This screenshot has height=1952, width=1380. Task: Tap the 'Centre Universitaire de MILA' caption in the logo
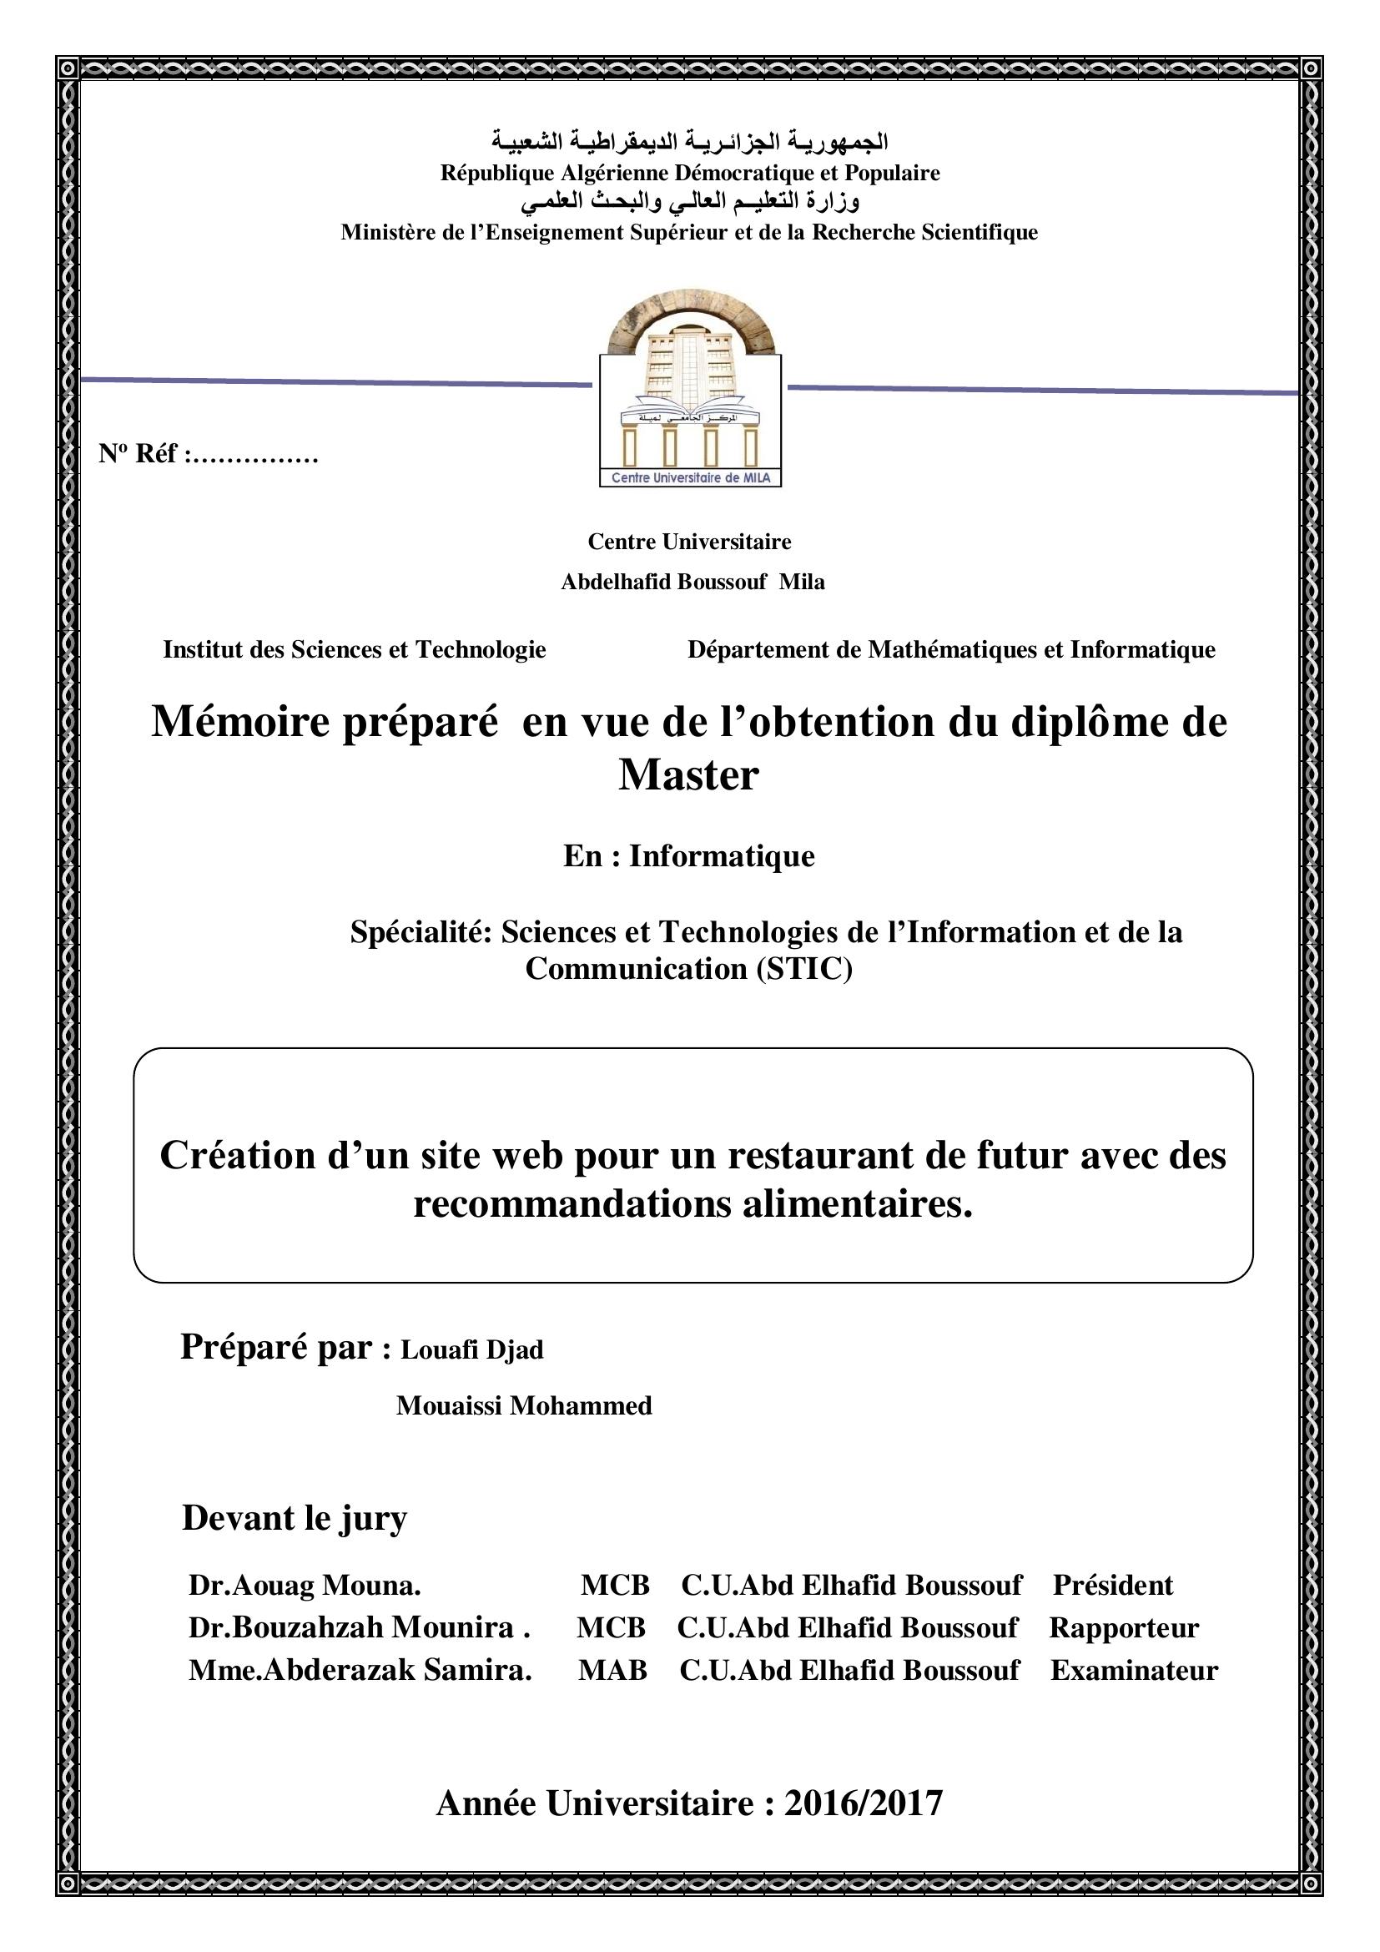pyautogui.click(x=690, y=478)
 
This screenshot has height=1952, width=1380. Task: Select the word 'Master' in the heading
pyautogui.click(x=688, y=774)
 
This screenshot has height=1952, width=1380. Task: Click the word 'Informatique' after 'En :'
pyautogui.click(x=722, y=856)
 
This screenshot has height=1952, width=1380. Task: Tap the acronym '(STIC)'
pyautogui.click(x=803, y=968)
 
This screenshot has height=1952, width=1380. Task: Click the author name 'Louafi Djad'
pyautogui.click(x=471, y=1349)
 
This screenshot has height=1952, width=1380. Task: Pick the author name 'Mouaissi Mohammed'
pyautogui.click(x=523, y=1405)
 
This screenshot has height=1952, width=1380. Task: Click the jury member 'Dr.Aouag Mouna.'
pyautogui.click(x=305, y=1585)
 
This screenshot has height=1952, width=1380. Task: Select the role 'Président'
pyautogui.click(x=1113, y=1585)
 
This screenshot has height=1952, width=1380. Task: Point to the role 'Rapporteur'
pyautogui.click(x=1123, y=1627)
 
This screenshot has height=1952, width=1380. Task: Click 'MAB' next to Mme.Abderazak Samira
pyautogui.click(x=612, y=1670)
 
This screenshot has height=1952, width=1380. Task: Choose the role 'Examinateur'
pyautogui.click(x=1135, y=1670)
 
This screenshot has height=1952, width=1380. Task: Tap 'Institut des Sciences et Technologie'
pyautogui.click(x=355, y=649)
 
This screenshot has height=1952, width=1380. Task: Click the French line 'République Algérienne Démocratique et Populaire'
pyautogui.click(x=690, y=173)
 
